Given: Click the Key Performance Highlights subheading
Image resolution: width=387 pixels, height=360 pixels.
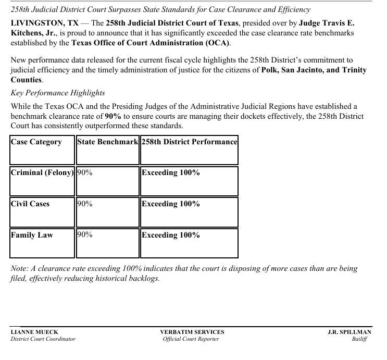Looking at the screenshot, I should click(x=58, y=93).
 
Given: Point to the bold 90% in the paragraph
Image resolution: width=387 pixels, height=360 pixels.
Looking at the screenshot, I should click(x=113, y=116).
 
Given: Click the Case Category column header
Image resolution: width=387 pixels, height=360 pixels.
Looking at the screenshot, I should click(x=36, y=142).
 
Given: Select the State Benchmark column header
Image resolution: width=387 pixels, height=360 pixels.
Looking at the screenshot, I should click(x=108, y=142).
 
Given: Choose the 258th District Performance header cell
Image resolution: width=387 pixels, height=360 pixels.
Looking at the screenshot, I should click(x=189, y=142).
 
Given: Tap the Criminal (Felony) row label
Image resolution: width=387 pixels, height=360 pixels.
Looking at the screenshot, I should click(x=42, y=173).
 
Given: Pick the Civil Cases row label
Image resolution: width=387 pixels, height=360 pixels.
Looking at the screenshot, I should click(x=30, y=204).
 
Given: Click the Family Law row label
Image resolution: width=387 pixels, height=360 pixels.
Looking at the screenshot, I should click(x=32, y=235).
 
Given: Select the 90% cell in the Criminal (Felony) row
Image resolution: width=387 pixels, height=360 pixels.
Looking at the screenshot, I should click(x=85, y=173).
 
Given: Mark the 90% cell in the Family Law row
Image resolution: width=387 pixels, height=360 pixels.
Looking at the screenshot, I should click(x=85, y=235).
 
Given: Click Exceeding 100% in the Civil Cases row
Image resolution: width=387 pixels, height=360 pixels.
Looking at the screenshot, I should click(x=171, y=204).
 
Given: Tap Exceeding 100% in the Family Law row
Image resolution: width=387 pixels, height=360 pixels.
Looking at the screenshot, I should click(x=171, y=235).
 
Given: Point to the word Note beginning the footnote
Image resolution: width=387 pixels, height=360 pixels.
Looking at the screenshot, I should click(x=19, y=269).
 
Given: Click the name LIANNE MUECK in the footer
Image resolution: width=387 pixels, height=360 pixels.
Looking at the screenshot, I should click(x=34, y=332).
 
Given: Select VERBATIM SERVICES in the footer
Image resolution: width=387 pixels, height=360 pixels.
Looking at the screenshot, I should click(x=192, y=332).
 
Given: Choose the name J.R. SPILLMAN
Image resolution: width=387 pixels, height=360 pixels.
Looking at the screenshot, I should click(x=349, y=332).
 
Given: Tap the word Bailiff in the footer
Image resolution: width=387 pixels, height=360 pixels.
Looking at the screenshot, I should click(x=359, y=339).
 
